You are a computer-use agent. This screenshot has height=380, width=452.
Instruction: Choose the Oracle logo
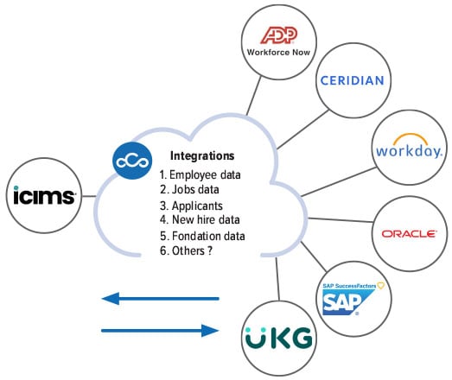pyautogui.click(x=409, y=232)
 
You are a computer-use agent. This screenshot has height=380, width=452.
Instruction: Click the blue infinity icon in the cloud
pyautogui.click(x=130, y=161)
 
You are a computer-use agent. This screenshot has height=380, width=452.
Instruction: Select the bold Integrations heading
pyautogui.click(x=201, y=157)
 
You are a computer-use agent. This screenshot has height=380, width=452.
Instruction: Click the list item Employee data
pyautogui.click(x=205, y=174)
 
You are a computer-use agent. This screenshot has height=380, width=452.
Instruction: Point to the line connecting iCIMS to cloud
pyautogui.click(x=90, y=195)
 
